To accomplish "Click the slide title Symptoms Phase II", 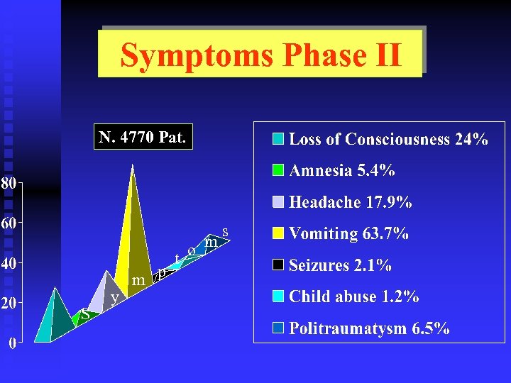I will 260,55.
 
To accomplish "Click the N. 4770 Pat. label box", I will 143,138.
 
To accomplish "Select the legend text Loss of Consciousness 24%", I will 388,139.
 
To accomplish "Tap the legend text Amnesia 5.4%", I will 342,170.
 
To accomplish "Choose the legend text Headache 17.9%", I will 350,202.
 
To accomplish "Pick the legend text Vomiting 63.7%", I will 348,233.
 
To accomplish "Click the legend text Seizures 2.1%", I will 340,265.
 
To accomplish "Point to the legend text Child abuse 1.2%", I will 353,296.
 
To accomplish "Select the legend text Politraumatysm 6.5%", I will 369,328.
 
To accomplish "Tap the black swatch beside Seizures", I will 279,265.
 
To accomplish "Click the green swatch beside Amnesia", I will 279,170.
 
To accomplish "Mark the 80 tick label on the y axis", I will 8,183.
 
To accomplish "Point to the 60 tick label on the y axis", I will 8,223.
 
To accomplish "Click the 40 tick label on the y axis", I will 8,263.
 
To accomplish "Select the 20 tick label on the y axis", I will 8,304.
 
